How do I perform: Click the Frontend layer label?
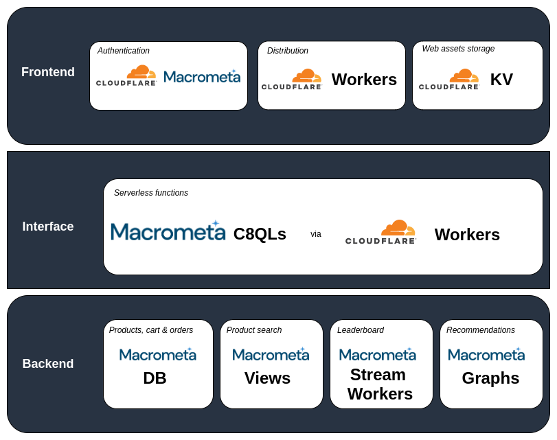48,72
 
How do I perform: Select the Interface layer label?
48,227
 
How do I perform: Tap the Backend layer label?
48,364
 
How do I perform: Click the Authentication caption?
124,51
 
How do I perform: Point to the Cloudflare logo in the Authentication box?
126,76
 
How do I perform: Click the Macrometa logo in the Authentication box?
202,76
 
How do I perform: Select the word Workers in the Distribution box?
364,80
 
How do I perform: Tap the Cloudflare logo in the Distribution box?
292,80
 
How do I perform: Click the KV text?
501,80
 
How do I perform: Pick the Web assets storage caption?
458,49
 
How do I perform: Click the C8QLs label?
260,234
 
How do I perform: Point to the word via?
316,234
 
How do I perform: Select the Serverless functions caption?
151,193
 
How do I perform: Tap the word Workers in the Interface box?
467,235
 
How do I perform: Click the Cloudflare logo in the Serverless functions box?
381,232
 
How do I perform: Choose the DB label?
155,378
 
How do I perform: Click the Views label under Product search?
267,378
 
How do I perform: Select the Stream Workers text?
380,384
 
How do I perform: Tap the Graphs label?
490,378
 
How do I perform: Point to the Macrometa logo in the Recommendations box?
486,354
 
